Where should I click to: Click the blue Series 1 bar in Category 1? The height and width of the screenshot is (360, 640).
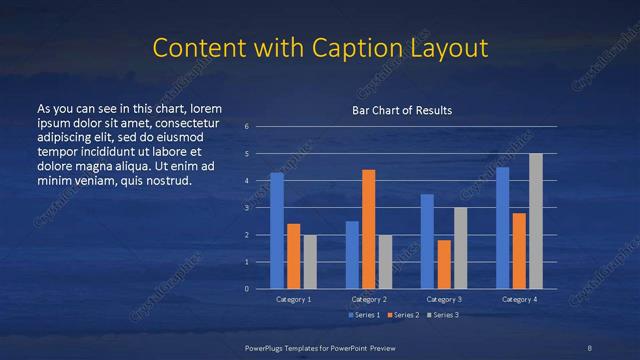coord(277,231)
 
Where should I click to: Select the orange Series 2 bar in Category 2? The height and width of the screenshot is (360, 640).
coord(369,229)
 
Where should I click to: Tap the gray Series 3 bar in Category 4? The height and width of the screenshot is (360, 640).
coord(536,221)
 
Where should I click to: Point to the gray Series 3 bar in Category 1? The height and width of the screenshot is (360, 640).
coord(310,262)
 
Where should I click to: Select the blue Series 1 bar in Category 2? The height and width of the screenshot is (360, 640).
coord(352,255)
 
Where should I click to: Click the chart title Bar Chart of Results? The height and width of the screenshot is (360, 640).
coord(401,110)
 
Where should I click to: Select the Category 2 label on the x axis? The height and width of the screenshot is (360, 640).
coord(369,299)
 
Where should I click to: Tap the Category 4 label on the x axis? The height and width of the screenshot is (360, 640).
coord(519,299)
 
